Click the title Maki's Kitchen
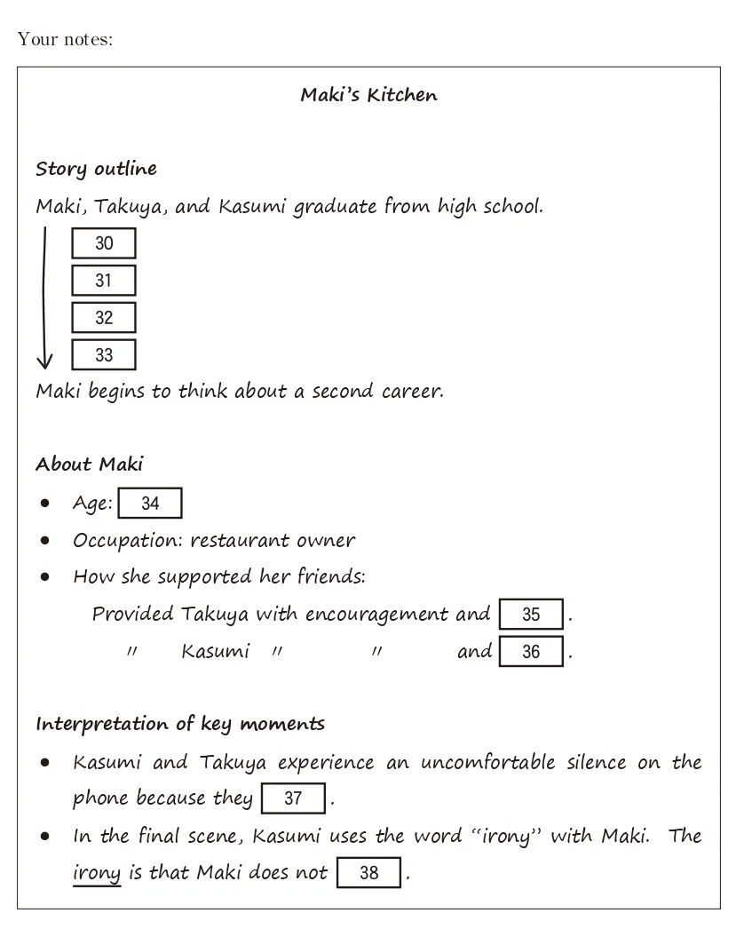click(x=368, y=95)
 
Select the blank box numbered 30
click(x=104, y=243)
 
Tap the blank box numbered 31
click(x=104, y=281)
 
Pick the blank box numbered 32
click(x=104, y=318)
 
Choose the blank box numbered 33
click(x=104, y=355)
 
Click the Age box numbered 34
click(x=150, y=504)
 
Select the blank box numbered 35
click(x=531, y=615)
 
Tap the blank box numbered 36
click(x=531, y=652)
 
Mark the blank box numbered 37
click(x=293, y=798)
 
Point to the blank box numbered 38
click(x=368, y=873)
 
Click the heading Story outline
click(x=96, y=169)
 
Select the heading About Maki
click(x=89, y=464)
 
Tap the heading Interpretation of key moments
click(x=180, y=724)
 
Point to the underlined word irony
click(x=96, y=873)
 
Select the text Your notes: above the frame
click(x=65, y=40)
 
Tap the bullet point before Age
click(x=45, y=504)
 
